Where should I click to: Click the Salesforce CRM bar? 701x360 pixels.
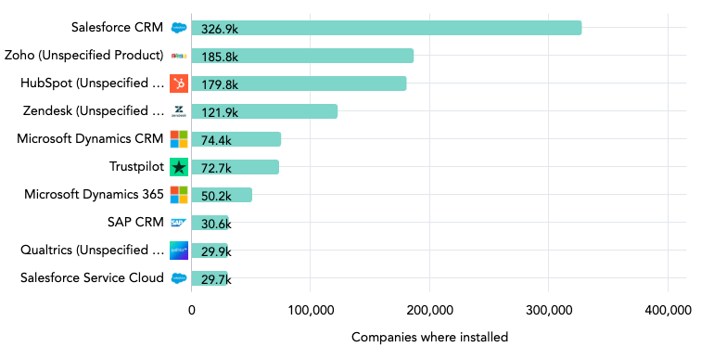(386, 28)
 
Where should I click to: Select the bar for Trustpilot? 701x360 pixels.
(235, 167)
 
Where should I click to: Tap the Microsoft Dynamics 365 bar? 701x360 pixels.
(222, 195)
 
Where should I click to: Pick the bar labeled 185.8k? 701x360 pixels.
(302, 56)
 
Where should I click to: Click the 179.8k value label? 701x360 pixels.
(220, 84)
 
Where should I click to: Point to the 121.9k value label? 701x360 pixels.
(220, 112)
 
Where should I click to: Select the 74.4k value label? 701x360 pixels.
(217, 140)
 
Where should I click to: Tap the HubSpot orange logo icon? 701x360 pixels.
(179, 84)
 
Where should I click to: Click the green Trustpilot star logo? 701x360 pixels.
(179, 167)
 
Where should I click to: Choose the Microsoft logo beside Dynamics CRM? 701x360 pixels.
(179, 139)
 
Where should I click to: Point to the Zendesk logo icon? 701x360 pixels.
(179, 111)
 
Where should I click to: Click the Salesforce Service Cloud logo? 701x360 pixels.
(179, 278)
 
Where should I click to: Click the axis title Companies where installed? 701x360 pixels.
(429, 338)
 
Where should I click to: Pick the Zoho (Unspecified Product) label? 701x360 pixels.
(84, 55)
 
